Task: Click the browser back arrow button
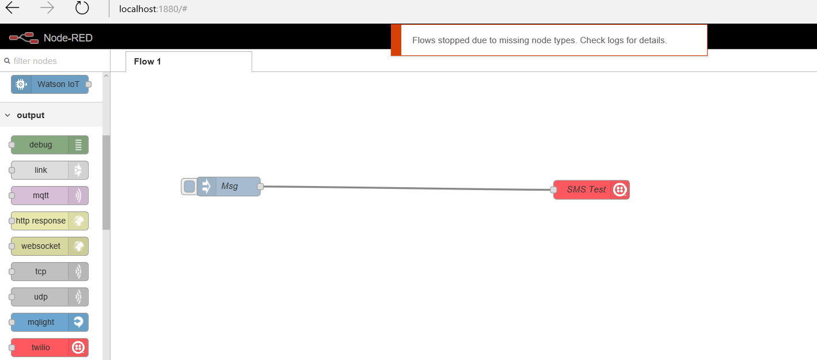[x=12, y=8]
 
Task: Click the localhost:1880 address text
[x=153, y=9]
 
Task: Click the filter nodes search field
[x=55, y=61]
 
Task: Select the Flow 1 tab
[x=147, y=62]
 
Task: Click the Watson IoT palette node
[x=50, y=84]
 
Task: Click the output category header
[x=31, y=115]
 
